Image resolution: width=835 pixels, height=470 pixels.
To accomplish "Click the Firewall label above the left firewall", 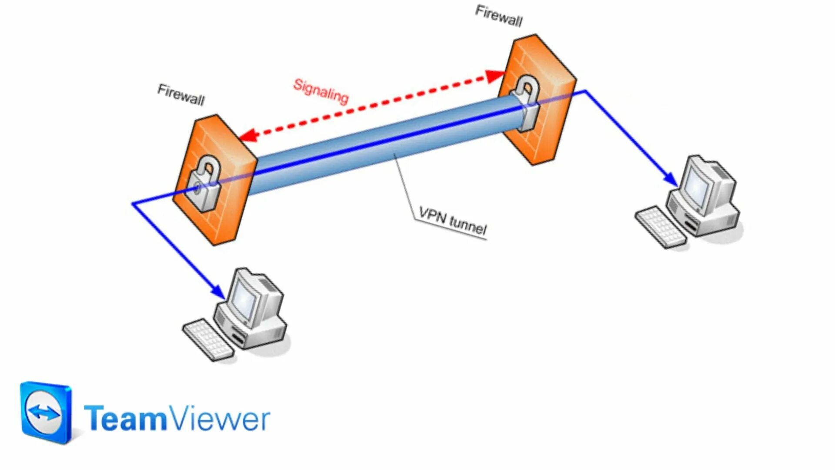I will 181,95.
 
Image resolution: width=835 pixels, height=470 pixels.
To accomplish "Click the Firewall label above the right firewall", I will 499,16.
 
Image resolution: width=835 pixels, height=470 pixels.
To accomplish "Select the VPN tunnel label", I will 452,221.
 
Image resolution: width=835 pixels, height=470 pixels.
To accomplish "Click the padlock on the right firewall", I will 525,102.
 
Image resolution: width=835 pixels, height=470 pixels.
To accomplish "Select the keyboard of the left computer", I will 208,340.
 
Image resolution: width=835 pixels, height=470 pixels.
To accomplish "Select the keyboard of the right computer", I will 660,227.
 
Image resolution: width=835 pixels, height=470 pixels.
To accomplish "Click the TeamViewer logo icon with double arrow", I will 46,413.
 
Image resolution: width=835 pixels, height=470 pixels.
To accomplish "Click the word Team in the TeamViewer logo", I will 125,418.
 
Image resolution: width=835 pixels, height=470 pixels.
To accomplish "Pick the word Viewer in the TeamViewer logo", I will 220,418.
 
